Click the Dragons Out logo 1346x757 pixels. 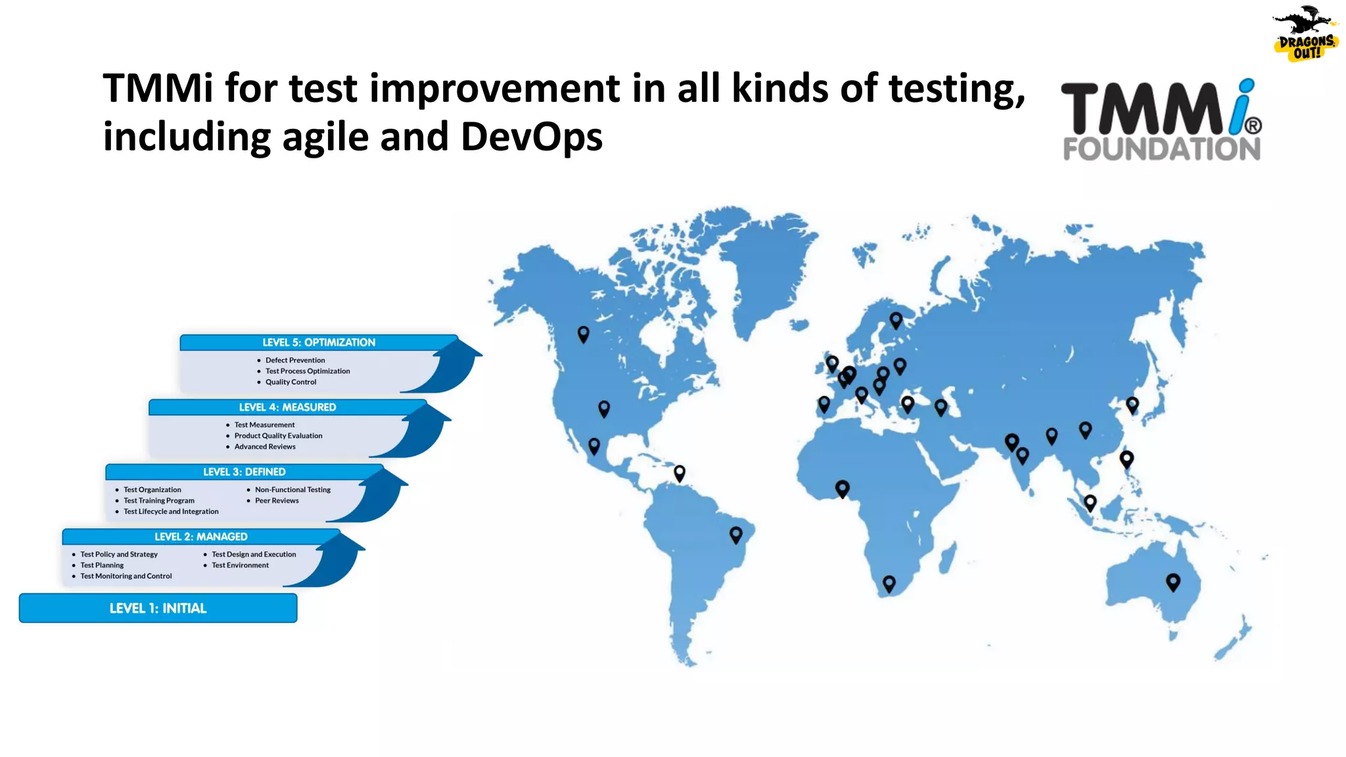click(1305, 34)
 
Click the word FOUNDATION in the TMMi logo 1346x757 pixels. click(1161, 149)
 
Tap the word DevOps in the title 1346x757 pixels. click(531, 137)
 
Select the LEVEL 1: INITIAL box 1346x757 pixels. click(158, 608)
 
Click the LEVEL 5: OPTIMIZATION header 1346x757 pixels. click(319, 342)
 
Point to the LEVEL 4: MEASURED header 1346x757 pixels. click(287, 407)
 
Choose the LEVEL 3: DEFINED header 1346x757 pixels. click(244, 472)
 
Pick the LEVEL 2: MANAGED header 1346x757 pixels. click(200, 537)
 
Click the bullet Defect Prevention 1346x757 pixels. click(295, 360)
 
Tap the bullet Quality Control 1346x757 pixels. click(290, 382)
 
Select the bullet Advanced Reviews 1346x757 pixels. click(265, 447)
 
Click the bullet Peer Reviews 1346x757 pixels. click(277, 501)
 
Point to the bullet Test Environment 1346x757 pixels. click(240, 565)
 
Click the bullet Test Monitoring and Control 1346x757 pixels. click(126, 576)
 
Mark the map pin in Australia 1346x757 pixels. click(1172, 582)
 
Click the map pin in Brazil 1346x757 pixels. click(736, 534)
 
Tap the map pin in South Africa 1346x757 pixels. click(889, 583)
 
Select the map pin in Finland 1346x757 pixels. click(896, 319)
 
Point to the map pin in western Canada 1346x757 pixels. click(583, 334)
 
